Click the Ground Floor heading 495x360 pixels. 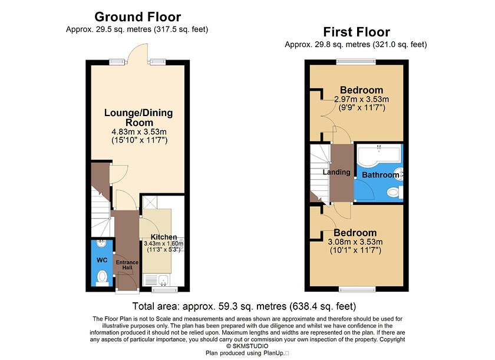tap(138, 17)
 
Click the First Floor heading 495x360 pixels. tap(356, 32)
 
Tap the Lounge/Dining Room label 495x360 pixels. tap(138, 117)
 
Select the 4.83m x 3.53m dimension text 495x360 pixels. tap(139, 131)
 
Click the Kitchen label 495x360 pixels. tap(163, 237)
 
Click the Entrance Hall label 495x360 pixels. tap(127, 266)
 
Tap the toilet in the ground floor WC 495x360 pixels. tap(101, 276)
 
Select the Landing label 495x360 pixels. tap(336, 173)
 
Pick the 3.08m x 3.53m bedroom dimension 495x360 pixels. tap(355, 242)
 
